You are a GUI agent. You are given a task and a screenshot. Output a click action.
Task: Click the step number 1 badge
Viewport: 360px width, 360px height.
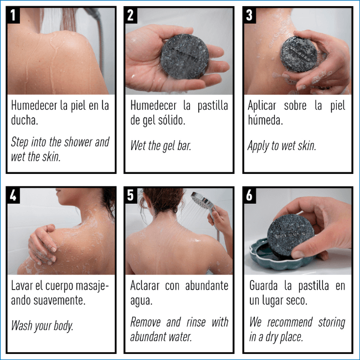coord(13,15)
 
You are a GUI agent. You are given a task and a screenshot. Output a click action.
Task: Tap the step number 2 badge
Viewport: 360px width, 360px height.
coord(131,15)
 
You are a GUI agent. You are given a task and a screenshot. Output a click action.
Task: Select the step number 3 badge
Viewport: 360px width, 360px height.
coord(250,15)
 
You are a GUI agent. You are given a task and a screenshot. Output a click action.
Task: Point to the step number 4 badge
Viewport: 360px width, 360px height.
coord(13,196)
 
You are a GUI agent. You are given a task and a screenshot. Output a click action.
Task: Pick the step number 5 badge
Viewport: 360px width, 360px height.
coord(131,196)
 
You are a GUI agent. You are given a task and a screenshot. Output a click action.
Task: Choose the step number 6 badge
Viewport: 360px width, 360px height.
coord(250,196)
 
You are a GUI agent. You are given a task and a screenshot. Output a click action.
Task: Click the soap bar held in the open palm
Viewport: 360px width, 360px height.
coord(184,56)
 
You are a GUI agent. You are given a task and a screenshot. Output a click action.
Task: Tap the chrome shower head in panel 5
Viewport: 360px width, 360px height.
coord(203,201)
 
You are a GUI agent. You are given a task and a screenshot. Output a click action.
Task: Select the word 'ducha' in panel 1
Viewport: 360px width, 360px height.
coord(24,120)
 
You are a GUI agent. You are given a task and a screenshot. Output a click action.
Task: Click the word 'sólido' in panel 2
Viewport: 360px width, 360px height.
coord(172,120)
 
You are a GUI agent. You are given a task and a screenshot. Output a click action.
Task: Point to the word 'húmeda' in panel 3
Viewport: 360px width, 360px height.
coord(265,120)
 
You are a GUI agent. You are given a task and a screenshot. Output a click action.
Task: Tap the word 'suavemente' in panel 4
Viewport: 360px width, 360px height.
coord(59,301)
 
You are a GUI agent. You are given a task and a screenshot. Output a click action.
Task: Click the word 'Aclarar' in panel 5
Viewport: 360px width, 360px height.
coord(145,286)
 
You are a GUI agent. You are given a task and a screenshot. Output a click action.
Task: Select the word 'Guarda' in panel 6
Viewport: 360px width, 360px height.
coord(264,286)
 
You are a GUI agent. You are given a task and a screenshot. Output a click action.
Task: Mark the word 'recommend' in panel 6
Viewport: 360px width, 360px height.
coord(290,322)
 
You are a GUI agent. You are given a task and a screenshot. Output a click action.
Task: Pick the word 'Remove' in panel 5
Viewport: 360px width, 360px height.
coord(145,322)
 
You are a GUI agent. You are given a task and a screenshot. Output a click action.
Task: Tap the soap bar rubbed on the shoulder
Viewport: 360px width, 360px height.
coord(299,54)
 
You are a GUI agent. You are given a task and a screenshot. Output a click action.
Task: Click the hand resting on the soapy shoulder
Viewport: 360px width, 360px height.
coord(43,245)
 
